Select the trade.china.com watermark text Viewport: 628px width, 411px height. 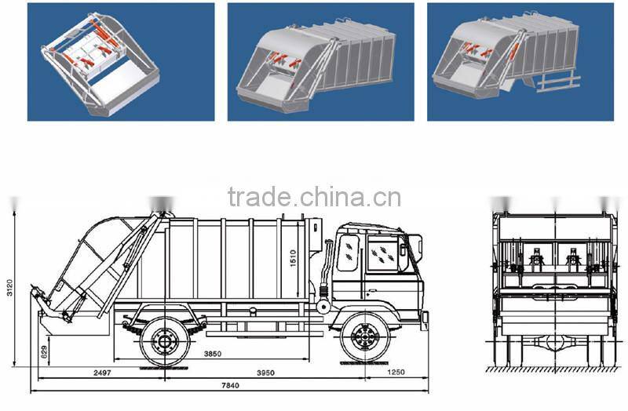(314, 197)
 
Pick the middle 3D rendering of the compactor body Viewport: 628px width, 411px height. (320, 61)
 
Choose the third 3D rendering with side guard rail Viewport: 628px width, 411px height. (520, 61)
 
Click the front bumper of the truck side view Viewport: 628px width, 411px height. (424, 320)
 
